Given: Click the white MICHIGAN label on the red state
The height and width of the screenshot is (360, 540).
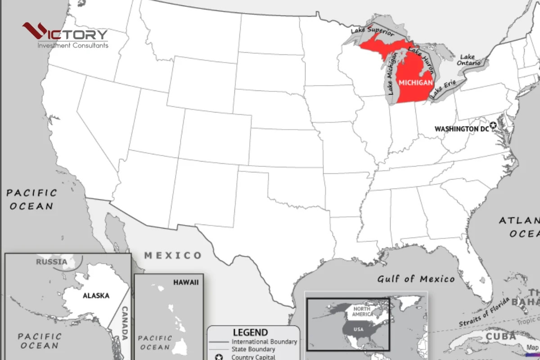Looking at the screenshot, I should pos(416,83).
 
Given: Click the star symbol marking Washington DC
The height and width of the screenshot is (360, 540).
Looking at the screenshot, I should pos(493,125).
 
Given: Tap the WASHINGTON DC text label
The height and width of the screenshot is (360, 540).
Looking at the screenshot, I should pos(461,129).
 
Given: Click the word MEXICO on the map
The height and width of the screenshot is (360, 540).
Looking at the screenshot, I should pos(173,256).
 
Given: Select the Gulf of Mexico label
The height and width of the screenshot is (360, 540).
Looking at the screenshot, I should pos(416,279).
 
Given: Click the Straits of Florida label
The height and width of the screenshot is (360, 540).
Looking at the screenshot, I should pos(484,312).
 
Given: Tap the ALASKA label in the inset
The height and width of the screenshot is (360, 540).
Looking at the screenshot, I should pos(96,296).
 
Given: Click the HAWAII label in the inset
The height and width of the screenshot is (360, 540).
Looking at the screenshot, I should pos(185,283).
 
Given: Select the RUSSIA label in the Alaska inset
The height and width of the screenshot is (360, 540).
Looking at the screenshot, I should pos(52,262).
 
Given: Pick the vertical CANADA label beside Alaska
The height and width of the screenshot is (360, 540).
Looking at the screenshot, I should pos(125,323).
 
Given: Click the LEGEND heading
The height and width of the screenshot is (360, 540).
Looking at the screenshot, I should pos(250,333).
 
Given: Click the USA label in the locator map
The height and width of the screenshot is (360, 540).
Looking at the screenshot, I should pos(358,329).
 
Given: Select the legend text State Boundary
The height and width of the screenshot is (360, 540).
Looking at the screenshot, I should pos(253,349).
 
